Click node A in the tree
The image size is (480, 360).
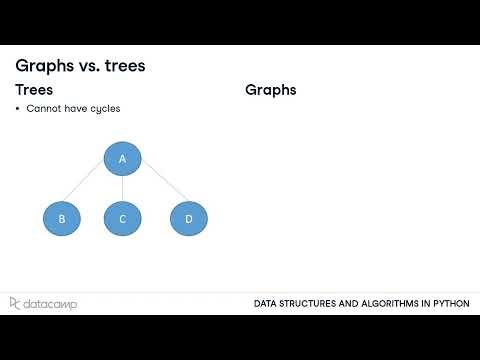pyautogui.click(x=122, y=158)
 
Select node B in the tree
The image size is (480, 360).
pyautogui.click(x=62, y=218)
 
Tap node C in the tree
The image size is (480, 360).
pyautogui.click(x=122, y=218)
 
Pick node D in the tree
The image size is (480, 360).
pyautogui.click(x=188, y=218)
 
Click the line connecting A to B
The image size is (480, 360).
pyautogui.click(x=91, y=188)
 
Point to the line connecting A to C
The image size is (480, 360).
pyautogui.click(x=122, y=188)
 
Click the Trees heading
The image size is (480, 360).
pyautogui.click(x=34, y=90)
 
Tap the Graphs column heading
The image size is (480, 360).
pyautogui.click(x=271, y=90)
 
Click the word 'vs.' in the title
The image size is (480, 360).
pyautogui.click(x=90, y=65)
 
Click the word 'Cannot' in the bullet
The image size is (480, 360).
pyautogui.click(x=43, y=109)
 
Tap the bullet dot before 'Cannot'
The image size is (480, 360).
pyautogui.click(x=18, y=109)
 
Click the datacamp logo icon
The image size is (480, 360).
pyautogui.click(x=15, y=303)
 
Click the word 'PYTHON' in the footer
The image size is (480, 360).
pyautogui.click(x=447, y=304)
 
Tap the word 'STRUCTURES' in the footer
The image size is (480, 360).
pyautogui.click(x=305, y=304)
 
